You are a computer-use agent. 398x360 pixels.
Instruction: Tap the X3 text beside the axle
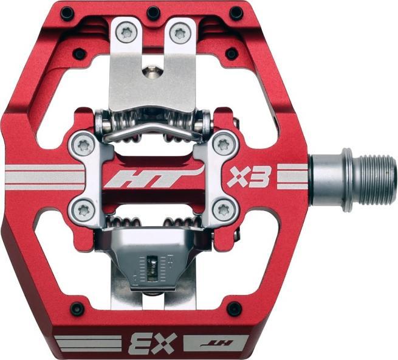(248, 176)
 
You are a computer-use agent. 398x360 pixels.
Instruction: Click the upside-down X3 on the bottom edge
(153, 344)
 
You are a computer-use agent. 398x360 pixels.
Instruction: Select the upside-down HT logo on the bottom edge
(216, 343)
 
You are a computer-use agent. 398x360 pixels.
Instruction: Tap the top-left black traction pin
(67, 12)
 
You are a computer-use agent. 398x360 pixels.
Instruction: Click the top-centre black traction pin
(154, 13)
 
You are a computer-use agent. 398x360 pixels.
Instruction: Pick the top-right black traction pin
(236, 13)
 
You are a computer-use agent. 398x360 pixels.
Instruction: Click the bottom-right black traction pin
(234, 308)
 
